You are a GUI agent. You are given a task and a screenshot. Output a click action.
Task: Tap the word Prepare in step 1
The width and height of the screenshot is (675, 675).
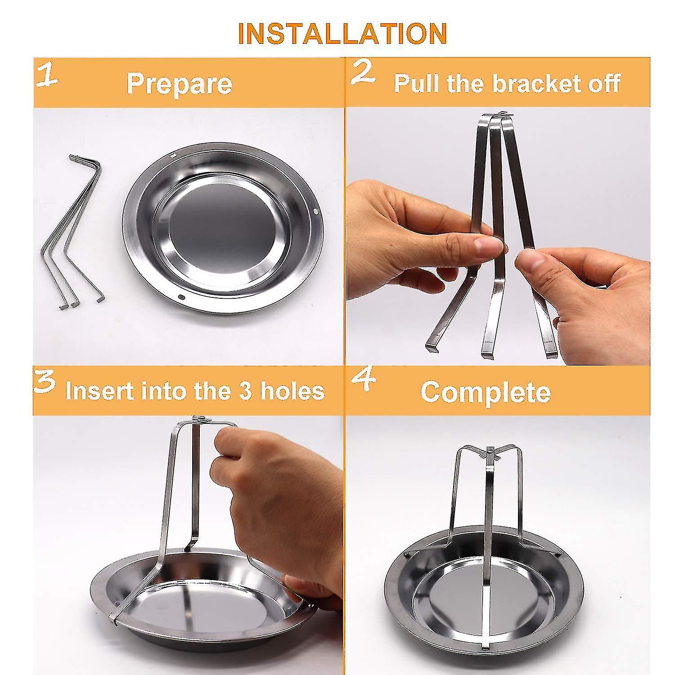tap(180, 84)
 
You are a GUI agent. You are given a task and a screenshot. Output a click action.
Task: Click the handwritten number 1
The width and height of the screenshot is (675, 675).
tap(47, 75)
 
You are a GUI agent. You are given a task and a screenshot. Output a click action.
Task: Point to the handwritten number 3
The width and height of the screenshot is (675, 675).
tap(45, 382)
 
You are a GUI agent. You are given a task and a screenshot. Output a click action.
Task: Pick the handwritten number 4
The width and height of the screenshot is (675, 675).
tap(364, 381)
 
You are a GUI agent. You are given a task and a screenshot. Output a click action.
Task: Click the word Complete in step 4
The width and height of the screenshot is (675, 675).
tap(486, 392)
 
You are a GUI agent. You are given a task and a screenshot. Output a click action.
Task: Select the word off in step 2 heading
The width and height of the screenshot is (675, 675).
tap(604, 83)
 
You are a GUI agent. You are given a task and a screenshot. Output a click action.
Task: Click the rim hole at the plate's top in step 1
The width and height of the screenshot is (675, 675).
tap(173, 155)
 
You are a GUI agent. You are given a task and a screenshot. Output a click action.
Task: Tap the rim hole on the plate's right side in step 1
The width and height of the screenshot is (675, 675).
tap(315, 211)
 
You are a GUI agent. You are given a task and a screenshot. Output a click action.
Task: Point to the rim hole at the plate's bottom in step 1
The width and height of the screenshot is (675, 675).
tap(181, 297)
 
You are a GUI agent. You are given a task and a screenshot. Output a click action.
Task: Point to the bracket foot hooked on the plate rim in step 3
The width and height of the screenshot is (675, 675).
tap(114, 615)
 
